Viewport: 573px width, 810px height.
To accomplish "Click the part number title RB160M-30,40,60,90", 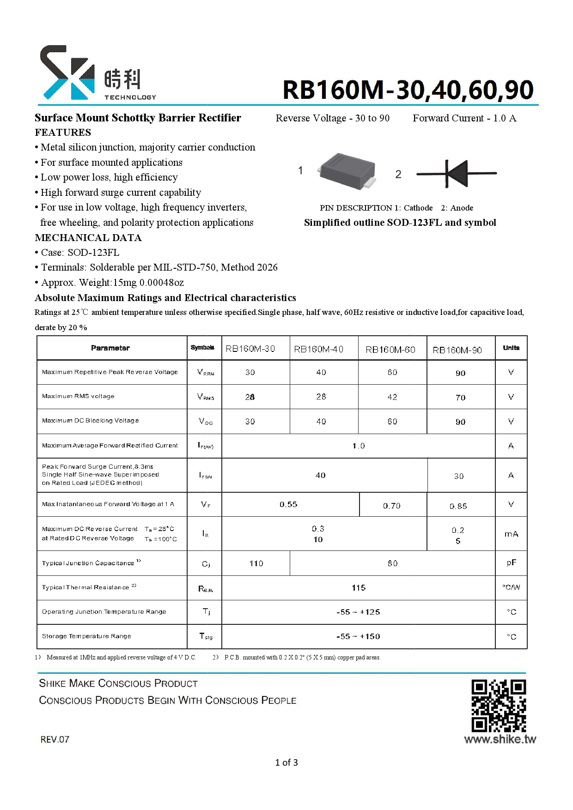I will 408,90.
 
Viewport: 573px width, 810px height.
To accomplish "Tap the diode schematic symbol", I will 456,174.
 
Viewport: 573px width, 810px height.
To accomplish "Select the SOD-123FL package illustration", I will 347,170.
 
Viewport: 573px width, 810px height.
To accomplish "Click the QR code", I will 498,705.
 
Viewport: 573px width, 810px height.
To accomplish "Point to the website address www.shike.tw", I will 500,739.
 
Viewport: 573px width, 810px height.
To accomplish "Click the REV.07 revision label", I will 55,739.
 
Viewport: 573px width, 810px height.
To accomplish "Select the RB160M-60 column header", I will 390,350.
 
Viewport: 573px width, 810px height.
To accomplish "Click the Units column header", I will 511,348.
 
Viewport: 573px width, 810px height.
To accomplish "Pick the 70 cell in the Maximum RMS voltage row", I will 460,398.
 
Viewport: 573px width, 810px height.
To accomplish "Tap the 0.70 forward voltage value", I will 391,506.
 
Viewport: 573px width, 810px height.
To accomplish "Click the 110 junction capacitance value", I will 256,563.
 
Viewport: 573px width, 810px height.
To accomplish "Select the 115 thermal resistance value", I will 358,588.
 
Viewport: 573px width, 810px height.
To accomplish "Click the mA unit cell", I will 511,534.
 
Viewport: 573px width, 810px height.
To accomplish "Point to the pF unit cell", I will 511,562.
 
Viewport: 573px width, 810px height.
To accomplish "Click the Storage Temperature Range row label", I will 86,636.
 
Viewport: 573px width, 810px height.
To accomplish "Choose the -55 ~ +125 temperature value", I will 358,612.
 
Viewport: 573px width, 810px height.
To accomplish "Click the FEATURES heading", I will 63,133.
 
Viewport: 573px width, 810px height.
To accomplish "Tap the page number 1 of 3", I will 286,762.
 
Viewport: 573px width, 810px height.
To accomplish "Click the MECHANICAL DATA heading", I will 88,238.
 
